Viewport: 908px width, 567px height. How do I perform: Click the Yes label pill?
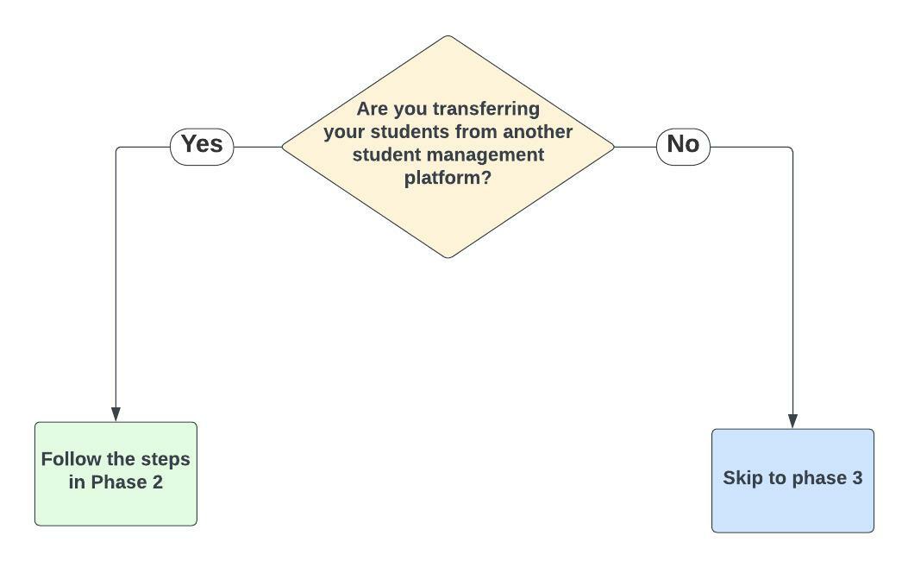click(202, 145)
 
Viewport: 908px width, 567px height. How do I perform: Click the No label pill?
click(683, 145)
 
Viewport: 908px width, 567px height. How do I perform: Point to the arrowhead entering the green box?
click(116, 414)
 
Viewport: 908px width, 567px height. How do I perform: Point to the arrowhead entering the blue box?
click(792, 421)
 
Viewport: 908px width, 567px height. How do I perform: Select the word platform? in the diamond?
click(448, 179)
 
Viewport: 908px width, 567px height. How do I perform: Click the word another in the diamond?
click(537, 133)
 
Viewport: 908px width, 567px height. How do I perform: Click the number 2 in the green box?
click(157, 482)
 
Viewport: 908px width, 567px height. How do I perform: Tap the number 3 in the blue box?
click(856, 478)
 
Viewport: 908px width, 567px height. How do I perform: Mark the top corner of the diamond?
click(448, 36)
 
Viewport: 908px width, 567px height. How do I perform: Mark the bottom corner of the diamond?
click(448, 257)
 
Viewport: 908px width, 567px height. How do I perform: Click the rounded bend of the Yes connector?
click(117, 148)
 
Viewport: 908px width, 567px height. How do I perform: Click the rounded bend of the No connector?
click(791, 148)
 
